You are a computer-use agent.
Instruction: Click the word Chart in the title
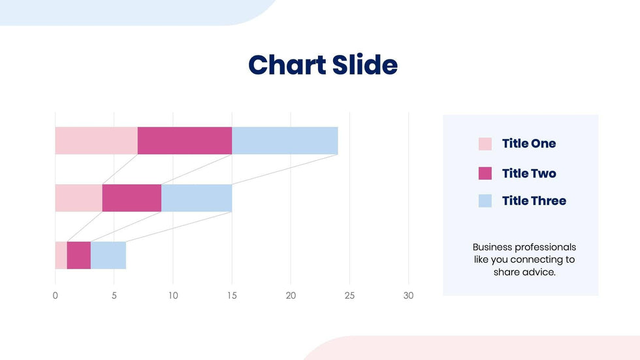(287, 65)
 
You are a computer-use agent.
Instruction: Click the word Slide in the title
(364, 65)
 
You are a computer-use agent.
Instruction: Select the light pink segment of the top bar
(96, 140)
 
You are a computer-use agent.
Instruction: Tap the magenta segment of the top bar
(185, 140)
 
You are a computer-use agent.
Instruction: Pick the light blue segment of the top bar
(285, 140)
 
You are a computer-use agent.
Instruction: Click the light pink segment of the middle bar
(78, 198)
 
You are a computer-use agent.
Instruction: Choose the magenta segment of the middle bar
(132, 198)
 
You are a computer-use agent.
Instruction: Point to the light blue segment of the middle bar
(197, 198)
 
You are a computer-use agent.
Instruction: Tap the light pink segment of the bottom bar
(61, 255)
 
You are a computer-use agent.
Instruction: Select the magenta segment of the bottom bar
(78, 255)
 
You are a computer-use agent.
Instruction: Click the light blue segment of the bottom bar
(108, 255)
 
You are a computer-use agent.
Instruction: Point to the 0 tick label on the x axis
(56, 295)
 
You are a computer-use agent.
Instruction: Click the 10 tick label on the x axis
(173, 295)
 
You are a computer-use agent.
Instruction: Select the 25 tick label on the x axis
(349, 295)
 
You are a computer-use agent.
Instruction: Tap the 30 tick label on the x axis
(408, 295)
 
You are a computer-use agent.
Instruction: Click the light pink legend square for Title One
(485, 144)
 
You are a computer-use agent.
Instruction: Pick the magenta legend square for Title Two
(485, 173)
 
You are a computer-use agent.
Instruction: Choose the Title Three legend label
(534, 201)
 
